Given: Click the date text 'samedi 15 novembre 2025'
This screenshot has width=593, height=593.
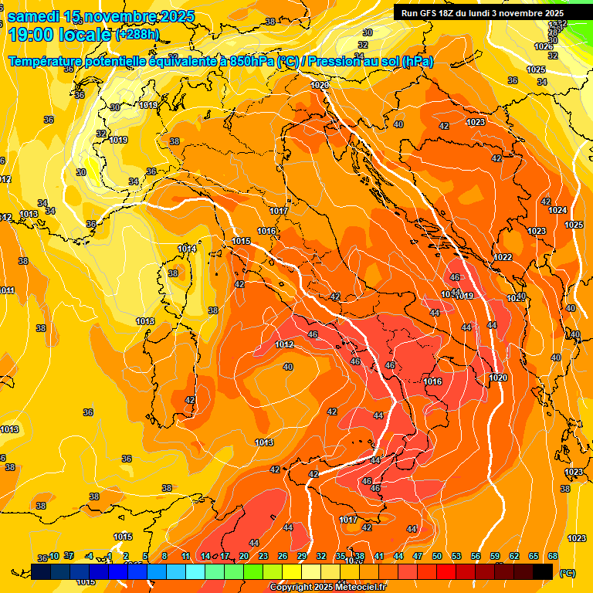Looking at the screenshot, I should (x=100, y=16).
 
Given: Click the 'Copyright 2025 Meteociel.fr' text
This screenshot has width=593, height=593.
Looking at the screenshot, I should (x=327, y=588).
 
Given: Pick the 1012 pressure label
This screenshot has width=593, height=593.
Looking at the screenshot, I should (x=284, y=344).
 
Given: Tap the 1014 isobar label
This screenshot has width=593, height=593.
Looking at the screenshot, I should (x=187, y=249).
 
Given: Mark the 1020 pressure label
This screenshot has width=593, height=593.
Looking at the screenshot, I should (x=498, y=378).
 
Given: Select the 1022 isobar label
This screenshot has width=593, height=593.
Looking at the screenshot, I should (x=503, y=257).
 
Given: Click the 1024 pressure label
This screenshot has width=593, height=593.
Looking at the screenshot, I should (x=557, y=210).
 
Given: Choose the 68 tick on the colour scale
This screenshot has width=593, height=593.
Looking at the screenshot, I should (x=553, y=556).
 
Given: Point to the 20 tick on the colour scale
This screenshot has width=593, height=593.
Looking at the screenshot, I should (x=244, y=556).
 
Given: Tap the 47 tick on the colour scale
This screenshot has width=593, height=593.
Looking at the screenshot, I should (x=418, y=556).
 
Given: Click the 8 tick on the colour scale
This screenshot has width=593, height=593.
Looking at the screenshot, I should (x=164, y=556).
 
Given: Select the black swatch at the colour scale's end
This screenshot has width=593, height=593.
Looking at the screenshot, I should (x=543, y=571).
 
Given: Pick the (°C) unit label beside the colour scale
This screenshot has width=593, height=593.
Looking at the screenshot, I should (x=568, y=572).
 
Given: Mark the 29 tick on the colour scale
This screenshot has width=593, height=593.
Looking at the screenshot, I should (x=302, y=556).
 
